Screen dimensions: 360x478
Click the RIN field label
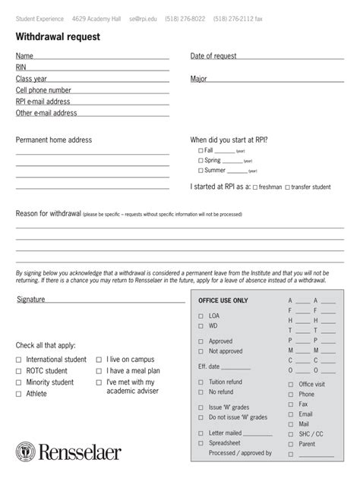21,68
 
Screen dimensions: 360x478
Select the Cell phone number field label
49,90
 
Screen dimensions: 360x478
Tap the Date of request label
213,56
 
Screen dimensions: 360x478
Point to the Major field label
199,79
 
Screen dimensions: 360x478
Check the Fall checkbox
201,151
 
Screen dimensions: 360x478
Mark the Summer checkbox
201,171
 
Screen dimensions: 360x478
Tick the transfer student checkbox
287,187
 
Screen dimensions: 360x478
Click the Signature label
31,300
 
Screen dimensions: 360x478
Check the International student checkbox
19,360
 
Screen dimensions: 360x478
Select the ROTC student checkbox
19,371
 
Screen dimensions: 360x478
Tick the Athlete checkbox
19,394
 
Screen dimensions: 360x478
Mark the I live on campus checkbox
99,360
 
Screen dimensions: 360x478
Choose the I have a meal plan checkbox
99,371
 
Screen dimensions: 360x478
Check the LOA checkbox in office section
201,315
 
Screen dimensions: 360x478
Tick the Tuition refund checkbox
201,382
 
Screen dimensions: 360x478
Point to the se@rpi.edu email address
143,17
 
